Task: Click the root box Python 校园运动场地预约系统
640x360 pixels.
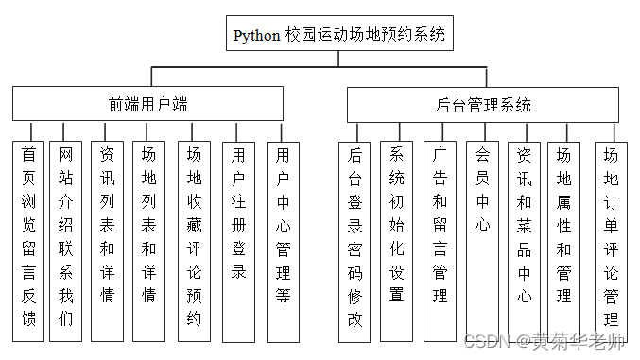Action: tap(337, 36)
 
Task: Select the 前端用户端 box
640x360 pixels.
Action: tap(147, 104)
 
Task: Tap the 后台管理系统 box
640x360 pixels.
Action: tap(482, 104)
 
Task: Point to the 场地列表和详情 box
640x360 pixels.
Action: tap(148, 241)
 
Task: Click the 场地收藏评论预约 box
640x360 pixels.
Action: tap(194, 241)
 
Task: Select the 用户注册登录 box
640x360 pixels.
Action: tap(238, 241)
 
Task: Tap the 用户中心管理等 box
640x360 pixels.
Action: tap(282, 241)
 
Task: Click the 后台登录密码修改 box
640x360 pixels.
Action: tap(355, 241)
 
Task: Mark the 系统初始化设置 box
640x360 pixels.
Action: tap(396, 241)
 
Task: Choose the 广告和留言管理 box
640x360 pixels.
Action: tap(440, 241)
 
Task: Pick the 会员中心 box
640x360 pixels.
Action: tap(482, 241)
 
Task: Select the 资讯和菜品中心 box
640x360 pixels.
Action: tap(524, 241)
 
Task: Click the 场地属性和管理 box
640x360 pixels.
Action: tap(564, 241)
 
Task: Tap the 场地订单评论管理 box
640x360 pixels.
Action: tap(610, 241)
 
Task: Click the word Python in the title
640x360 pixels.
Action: tap(256, 36)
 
